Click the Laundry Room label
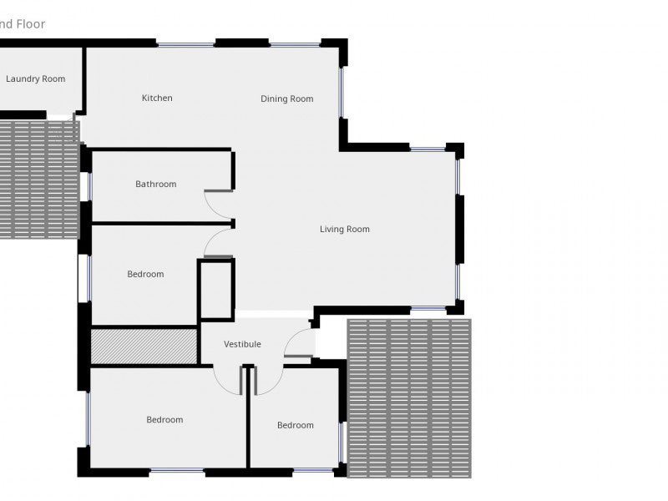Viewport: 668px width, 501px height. pyautogui.click(x=35, y=79)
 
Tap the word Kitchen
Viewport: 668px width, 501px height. pyautogui.click(x=157, y=99)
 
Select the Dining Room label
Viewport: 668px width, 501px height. pyautogui.click(x=286, y=99)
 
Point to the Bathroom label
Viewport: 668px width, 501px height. pyautogui.click(x=156, y=185)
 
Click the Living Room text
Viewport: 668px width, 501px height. pyautogui.click(x=344, y=230)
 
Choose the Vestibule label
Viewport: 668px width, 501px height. pyautogui.click(x=242, y=344)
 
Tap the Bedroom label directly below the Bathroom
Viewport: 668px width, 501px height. pyautogui.click(x=145, y=274)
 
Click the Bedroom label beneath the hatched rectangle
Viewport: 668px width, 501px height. pyautogui.click(x=164, y=420)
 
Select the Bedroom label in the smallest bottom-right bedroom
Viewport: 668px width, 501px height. pyautogui.click(x=296, y=426)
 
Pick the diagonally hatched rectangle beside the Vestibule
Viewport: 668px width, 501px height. pyautogui.click(x=143, y=346)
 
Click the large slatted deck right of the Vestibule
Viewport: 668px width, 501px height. pyautogui.click(x=408, y=397)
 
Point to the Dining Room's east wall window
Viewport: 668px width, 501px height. pyautogui.click(x=341, y=92)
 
